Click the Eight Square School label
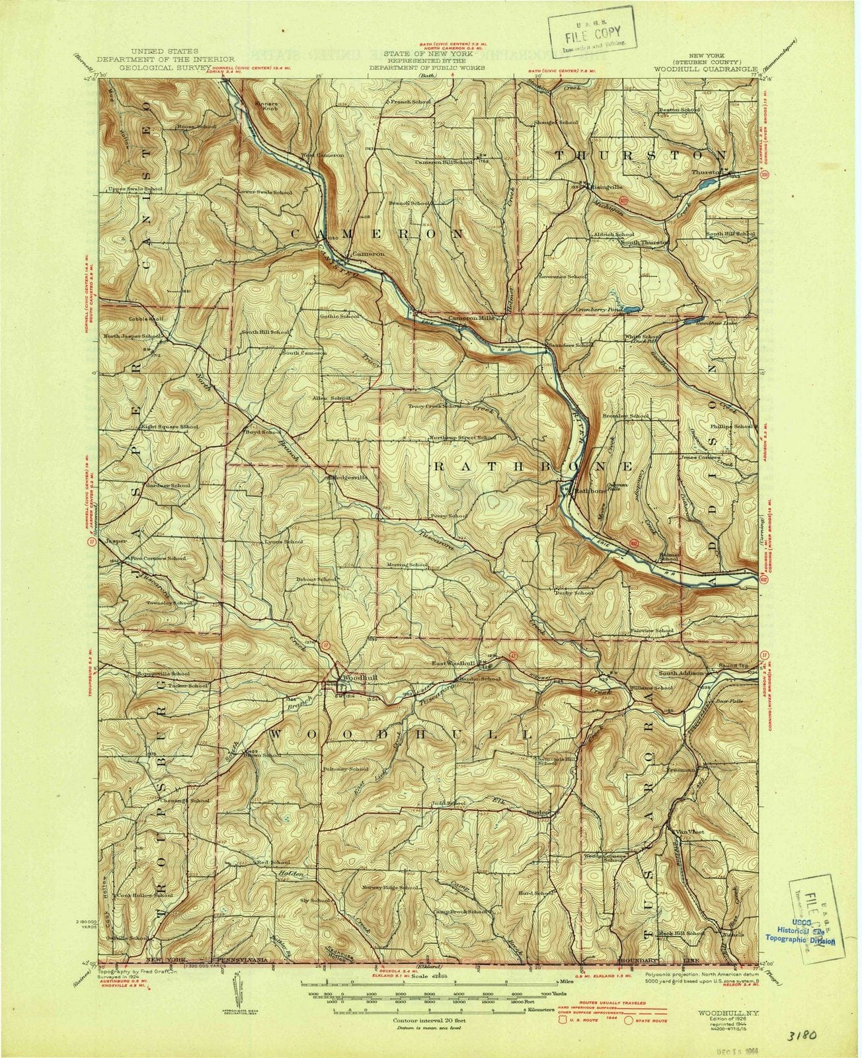coord(169,427)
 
